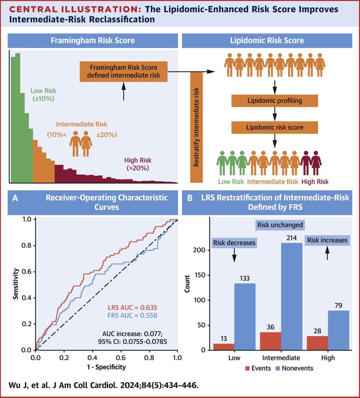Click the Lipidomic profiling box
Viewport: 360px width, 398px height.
tap(274, 101)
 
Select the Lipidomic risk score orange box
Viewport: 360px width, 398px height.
tap(274, 126)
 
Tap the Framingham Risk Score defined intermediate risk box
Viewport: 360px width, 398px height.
tap(124, 72)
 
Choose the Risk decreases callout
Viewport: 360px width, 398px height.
tap(234, 243)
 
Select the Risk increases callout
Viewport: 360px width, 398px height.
tap(327, 240)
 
